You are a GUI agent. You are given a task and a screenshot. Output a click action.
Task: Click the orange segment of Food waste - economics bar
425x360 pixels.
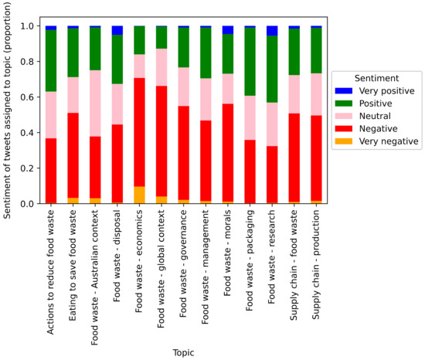click(139, 195)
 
